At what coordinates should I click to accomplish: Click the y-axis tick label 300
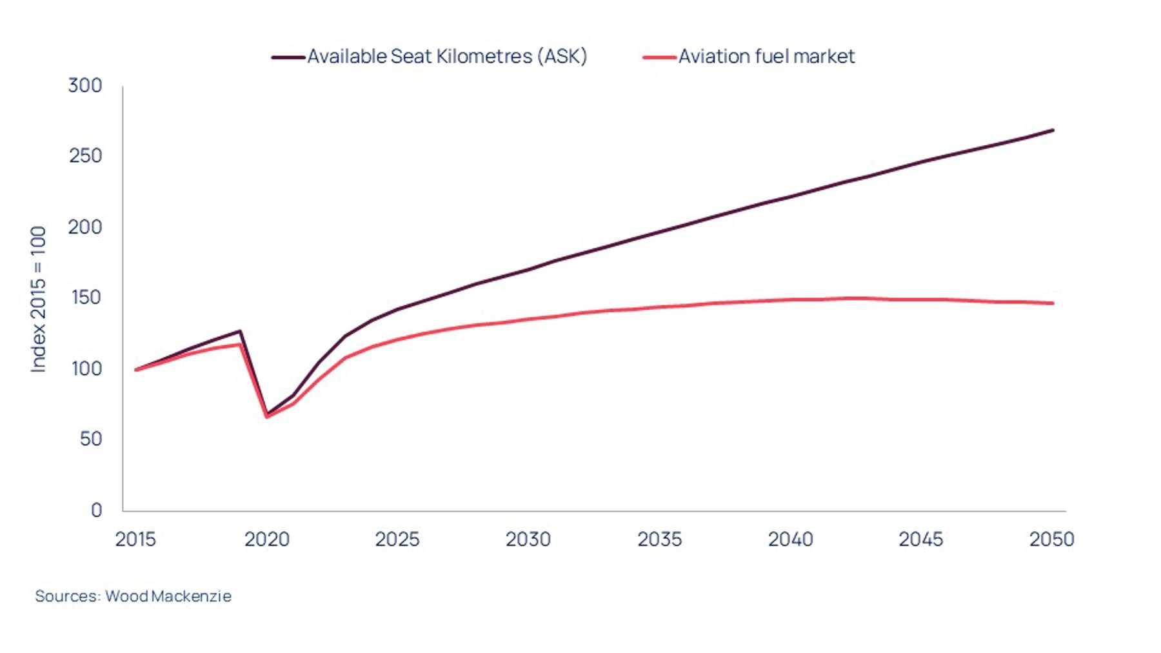coord(85,86)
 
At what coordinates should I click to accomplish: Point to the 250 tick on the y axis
coord(85,156)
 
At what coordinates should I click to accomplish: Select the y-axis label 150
coord(85,297)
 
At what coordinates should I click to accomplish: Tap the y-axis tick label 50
coord(90,439)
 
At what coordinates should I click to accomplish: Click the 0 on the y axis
coord(96,510)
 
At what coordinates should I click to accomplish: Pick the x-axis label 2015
coord(135,539)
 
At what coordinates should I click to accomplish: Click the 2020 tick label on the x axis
coord(266,539)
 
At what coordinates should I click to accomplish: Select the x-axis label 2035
coord(659,539)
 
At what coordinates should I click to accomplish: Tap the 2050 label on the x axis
coord(1051,539)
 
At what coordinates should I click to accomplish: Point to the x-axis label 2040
coord(790,539)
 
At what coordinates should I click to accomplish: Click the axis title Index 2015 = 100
coord(39,299)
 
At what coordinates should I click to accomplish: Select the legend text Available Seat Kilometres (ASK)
coord(447,57)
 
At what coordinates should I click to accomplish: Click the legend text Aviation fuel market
coord(766,57)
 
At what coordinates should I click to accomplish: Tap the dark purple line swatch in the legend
coord(288,57)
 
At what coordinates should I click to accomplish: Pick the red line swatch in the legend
coord(659,57)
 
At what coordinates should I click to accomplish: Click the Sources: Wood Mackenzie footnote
coord(133,596)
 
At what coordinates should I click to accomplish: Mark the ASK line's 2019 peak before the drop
coord(240,331)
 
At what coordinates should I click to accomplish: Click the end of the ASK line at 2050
coord(1053,130)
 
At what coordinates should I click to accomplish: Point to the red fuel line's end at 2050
coord(1053,303)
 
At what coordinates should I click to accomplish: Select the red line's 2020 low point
coord(267,417)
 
